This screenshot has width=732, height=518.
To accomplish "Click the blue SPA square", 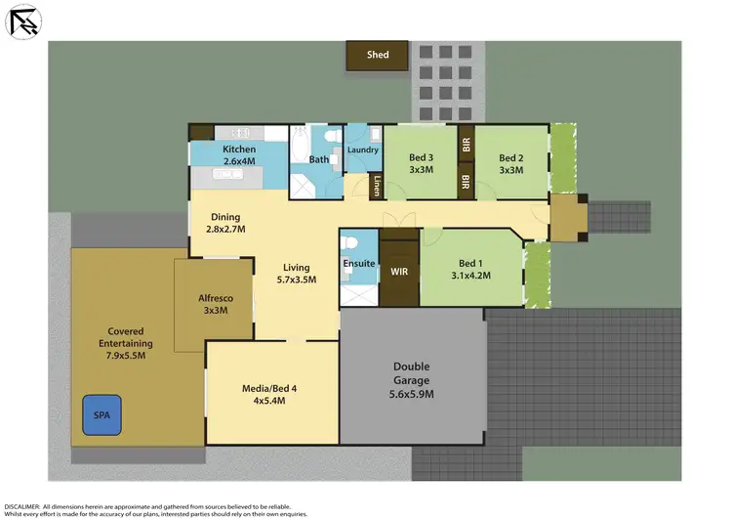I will [x=101, y=413].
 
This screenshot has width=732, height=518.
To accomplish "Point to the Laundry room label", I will [x=363, y=150].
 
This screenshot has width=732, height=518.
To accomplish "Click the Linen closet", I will [x=375, y=185].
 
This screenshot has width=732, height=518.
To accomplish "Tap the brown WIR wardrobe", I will [x=398, y=271].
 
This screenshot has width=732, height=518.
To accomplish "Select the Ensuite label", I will [x=357, y=264].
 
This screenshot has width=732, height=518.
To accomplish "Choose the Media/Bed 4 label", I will [x=268, y=395].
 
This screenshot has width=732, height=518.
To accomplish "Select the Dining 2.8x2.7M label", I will [x=224, y=223].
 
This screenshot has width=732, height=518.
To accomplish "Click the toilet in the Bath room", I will [x=331, y=137].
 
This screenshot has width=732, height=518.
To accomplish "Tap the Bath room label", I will [x=319, y=159].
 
